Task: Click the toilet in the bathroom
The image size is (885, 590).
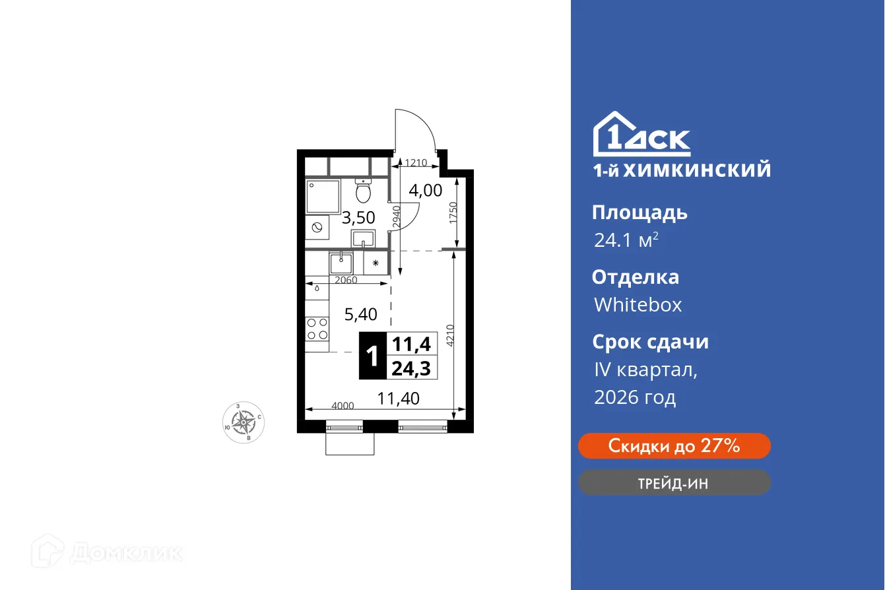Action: (x=363, y=191)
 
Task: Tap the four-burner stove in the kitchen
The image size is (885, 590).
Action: (x=317, y=329)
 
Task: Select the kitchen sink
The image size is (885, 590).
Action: (x=341, y=263)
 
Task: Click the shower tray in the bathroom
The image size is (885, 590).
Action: (x=323, y=195)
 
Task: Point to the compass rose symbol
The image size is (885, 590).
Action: (x=245, y=421)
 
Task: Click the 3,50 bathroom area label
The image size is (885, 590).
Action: (x=359, y=218)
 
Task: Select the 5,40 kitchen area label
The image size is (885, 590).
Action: (x=361, y=314)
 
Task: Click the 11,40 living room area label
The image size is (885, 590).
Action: (x=398, y=398)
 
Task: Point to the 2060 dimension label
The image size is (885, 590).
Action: (x=346, y=280)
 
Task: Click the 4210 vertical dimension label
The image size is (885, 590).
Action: (x=450, y=335)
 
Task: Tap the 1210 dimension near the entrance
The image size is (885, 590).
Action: (x=416, y=162)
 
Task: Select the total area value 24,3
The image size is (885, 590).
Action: (x=410, y=368)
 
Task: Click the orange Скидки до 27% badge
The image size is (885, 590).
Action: (x=674, y=446)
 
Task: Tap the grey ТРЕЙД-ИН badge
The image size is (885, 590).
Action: (x=674, y=483)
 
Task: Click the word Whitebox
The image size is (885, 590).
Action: (x=638, y=305)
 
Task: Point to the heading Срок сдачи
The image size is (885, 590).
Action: (x=649, y=342)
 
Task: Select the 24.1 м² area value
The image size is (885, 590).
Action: (x=626, y=240)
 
